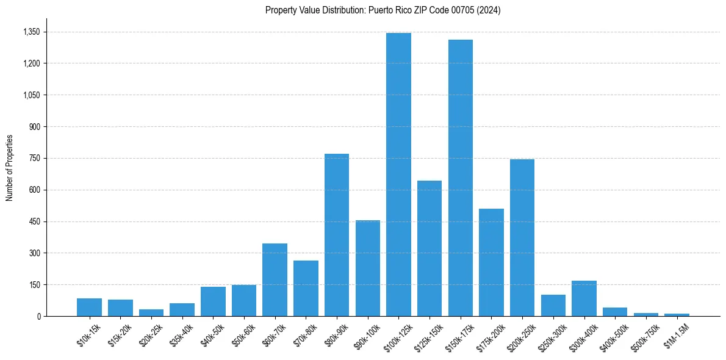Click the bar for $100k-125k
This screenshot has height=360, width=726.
[x=398, y=175]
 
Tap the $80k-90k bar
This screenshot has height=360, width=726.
[x=337, y=235]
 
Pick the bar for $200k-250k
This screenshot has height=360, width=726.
[x=522, y=237]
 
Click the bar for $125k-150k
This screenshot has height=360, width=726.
[x=429, y=248]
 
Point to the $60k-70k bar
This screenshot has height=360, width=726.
[x=275, y=279]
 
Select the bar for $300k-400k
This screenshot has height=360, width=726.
[x=584, y=298]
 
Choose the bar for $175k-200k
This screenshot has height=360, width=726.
[x=491, y=262]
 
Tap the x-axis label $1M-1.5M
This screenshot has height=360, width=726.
[x=676, y=335]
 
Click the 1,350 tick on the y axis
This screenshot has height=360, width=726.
[x=31, y=32]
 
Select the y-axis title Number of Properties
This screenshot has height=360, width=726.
[x=9, y=167]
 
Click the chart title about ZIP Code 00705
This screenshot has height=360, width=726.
[x=383, y=10]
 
